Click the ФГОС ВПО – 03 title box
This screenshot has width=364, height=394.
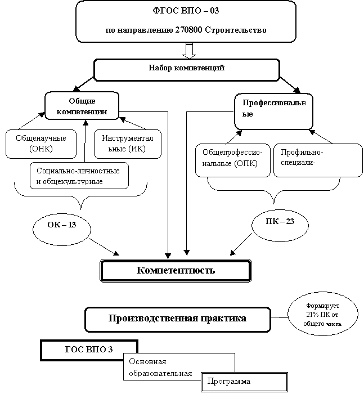coord(186,21)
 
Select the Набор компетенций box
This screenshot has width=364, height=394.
coord(186,69)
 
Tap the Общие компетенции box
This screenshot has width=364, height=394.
coord(82,105)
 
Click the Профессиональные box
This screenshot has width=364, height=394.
coord(273,110)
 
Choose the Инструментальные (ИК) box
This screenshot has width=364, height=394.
coord(127,144)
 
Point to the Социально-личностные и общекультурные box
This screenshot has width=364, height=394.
coord(79,175)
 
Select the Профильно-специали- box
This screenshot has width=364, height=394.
coord(318,160)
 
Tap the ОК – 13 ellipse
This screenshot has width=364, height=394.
coord(62,226)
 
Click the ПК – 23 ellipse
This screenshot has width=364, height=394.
coord(280,222)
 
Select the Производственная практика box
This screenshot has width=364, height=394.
coord(177,319)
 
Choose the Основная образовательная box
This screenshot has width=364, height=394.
coord(178,367)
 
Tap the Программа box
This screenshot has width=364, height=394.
coord(244,382)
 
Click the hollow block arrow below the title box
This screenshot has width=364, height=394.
coord(189,51)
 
